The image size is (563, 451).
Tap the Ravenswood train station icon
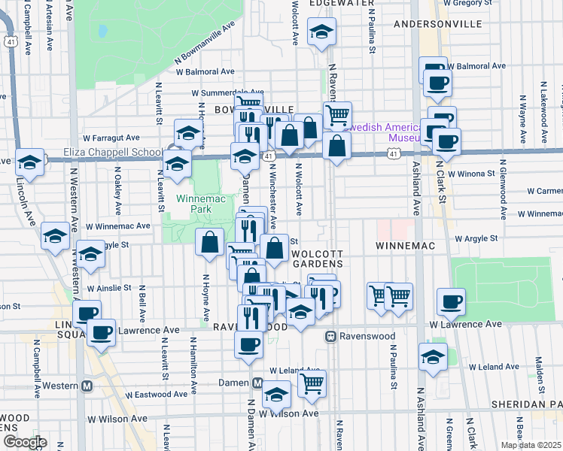coord(330,337)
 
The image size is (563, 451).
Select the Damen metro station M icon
coord(257,383)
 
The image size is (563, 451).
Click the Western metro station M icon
coord(87,386)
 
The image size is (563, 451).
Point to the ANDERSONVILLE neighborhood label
coord(438,24)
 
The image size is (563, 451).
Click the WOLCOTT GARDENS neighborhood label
coord(318,259)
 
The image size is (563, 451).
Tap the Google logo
coord(24,442)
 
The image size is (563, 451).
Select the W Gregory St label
coord(472,3)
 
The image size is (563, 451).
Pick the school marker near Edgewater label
coord(321,32)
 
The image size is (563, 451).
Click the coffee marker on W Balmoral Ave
coord(436,82)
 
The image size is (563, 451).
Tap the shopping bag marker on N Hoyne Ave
coord(210,243)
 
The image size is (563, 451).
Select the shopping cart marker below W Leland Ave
coord(312,384)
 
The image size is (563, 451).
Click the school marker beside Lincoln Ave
coord(29,162)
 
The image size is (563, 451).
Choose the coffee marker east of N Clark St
coord(452,301)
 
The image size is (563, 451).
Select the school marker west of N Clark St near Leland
coord(433,357)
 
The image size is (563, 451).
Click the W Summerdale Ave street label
coord(228,92)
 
